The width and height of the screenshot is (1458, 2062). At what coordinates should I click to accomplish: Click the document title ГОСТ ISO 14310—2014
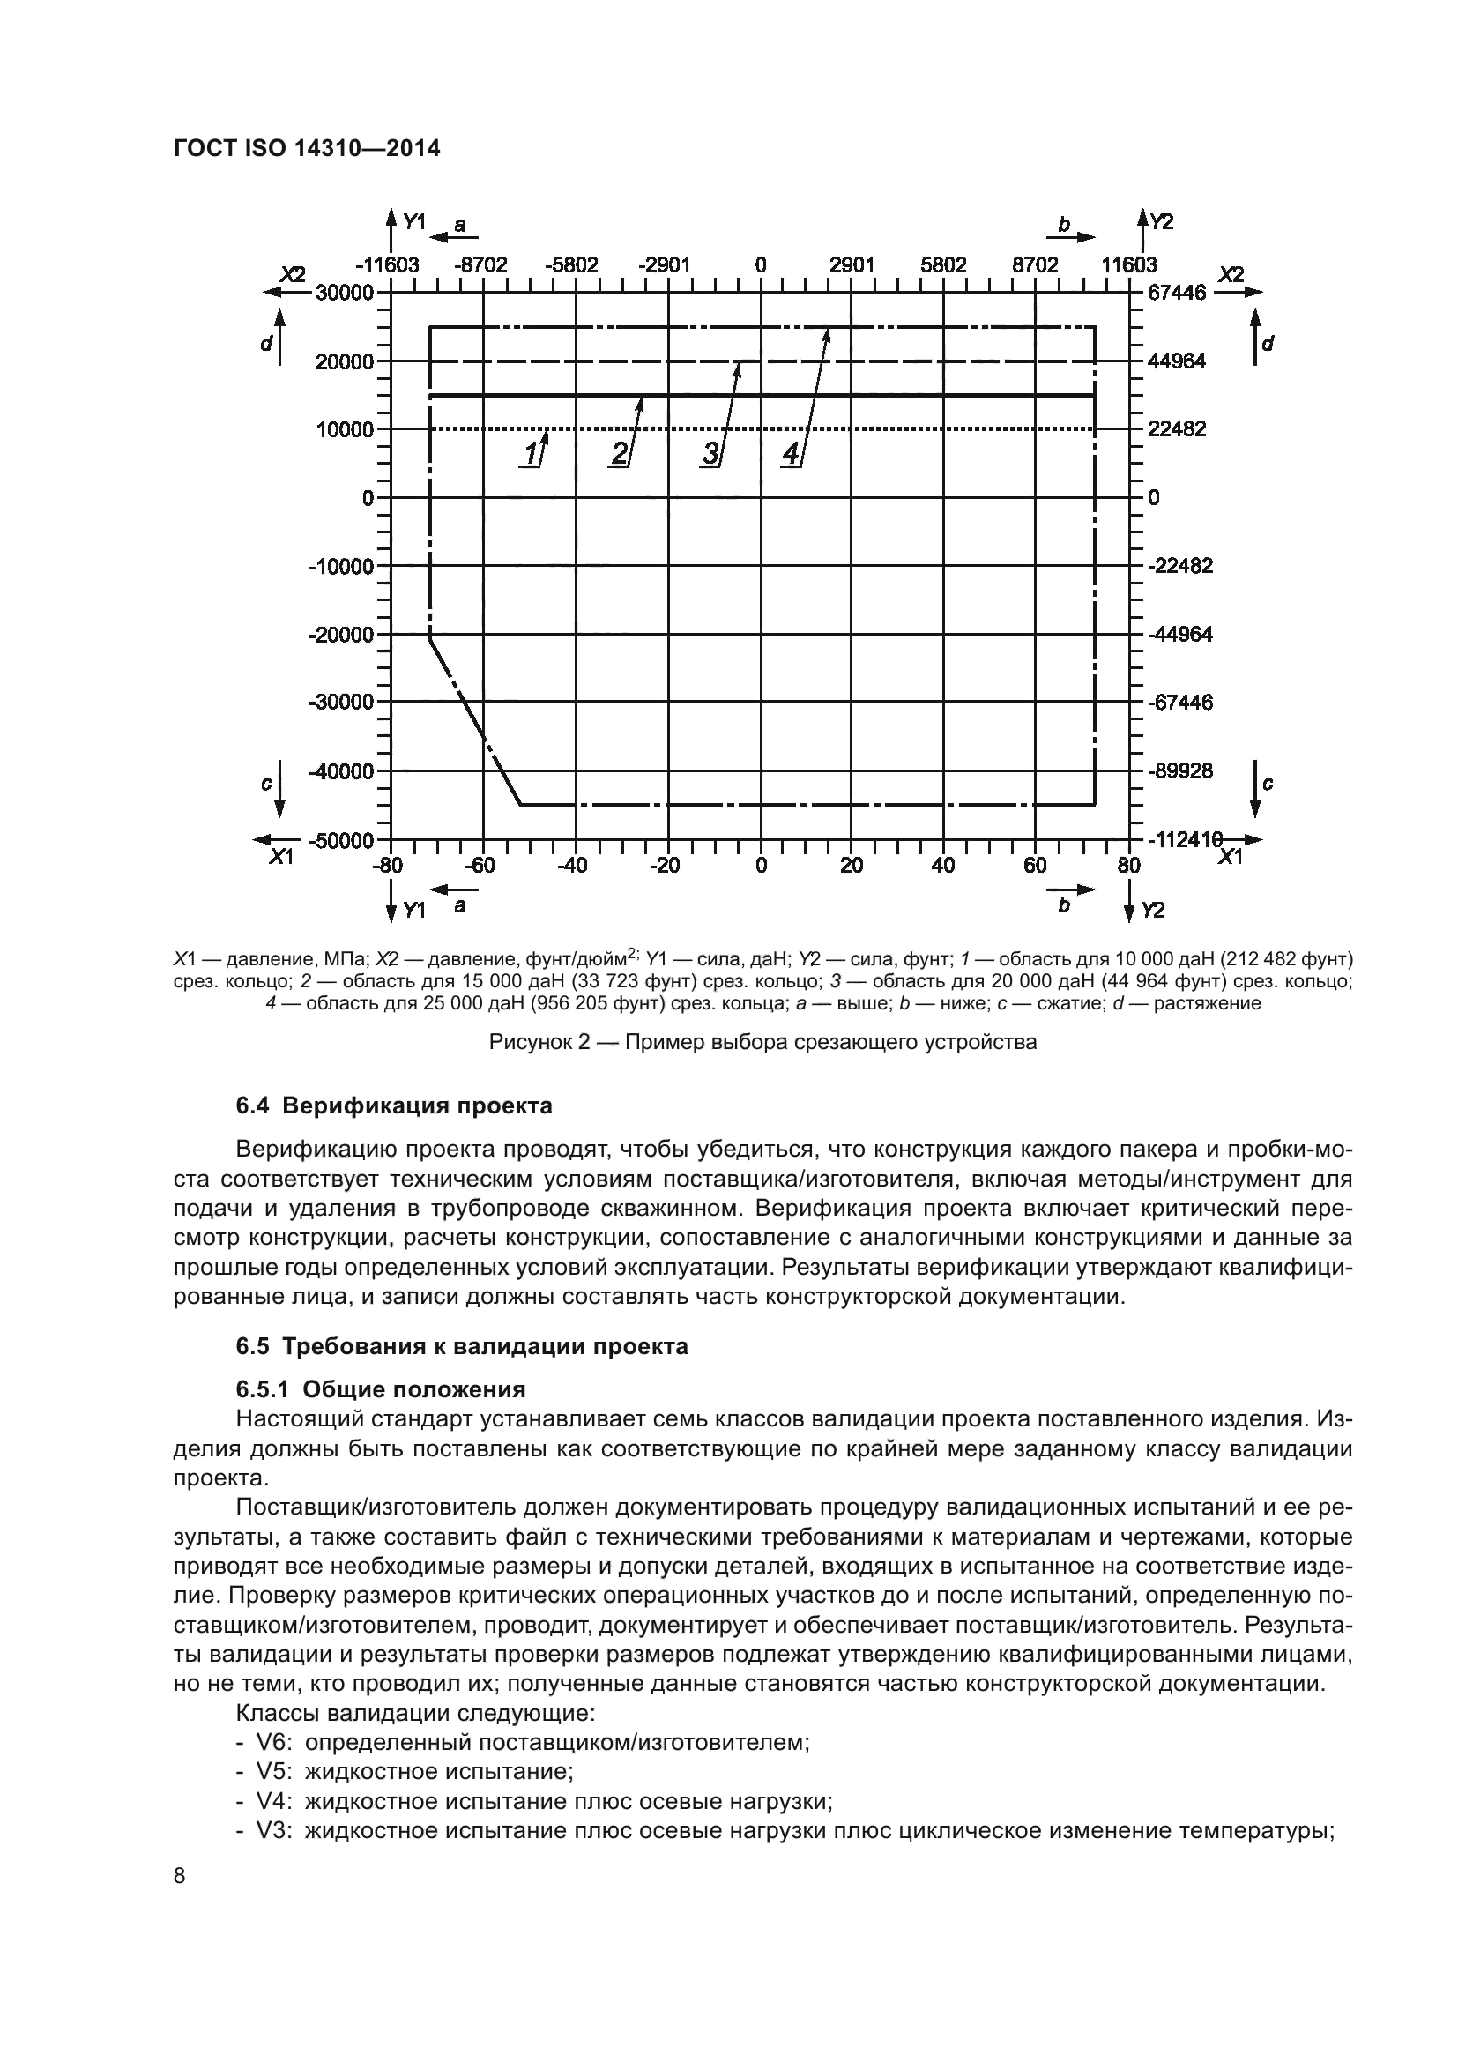pos(306,149)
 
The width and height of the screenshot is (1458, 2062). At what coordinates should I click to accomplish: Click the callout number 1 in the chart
pos(531,453)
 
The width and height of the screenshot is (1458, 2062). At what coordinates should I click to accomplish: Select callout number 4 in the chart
pos(790,453)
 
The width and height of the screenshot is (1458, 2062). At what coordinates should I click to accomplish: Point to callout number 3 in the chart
pos(710,453)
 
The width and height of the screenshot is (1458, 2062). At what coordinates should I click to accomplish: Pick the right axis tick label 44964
pos(1176,361)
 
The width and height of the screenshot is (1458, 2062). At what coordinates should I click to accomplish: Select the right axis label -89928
pos(1179,771)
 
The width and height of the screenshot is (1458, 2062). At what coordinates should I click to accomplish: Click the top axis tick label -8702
pos(480,265)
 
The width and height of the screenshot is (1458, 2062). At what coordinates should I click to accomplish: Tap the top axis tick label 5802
pos(942,265)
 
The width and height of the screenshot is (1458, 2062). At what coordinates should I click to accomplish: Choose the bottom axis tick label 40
pos(942,866)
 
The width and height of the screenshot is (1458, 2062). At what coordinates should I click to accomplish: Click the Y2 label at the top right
pos(1161,221)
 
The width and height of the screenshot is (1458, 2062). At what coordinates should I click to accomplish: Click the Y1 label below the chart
pos(413,911)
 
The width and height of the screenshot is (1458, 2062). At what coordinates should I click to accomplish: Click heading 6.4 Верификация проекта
pos(394,1105)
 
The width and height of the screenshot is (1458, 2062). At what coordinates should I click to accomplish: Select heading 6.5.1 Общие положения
pos(381,1390)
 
